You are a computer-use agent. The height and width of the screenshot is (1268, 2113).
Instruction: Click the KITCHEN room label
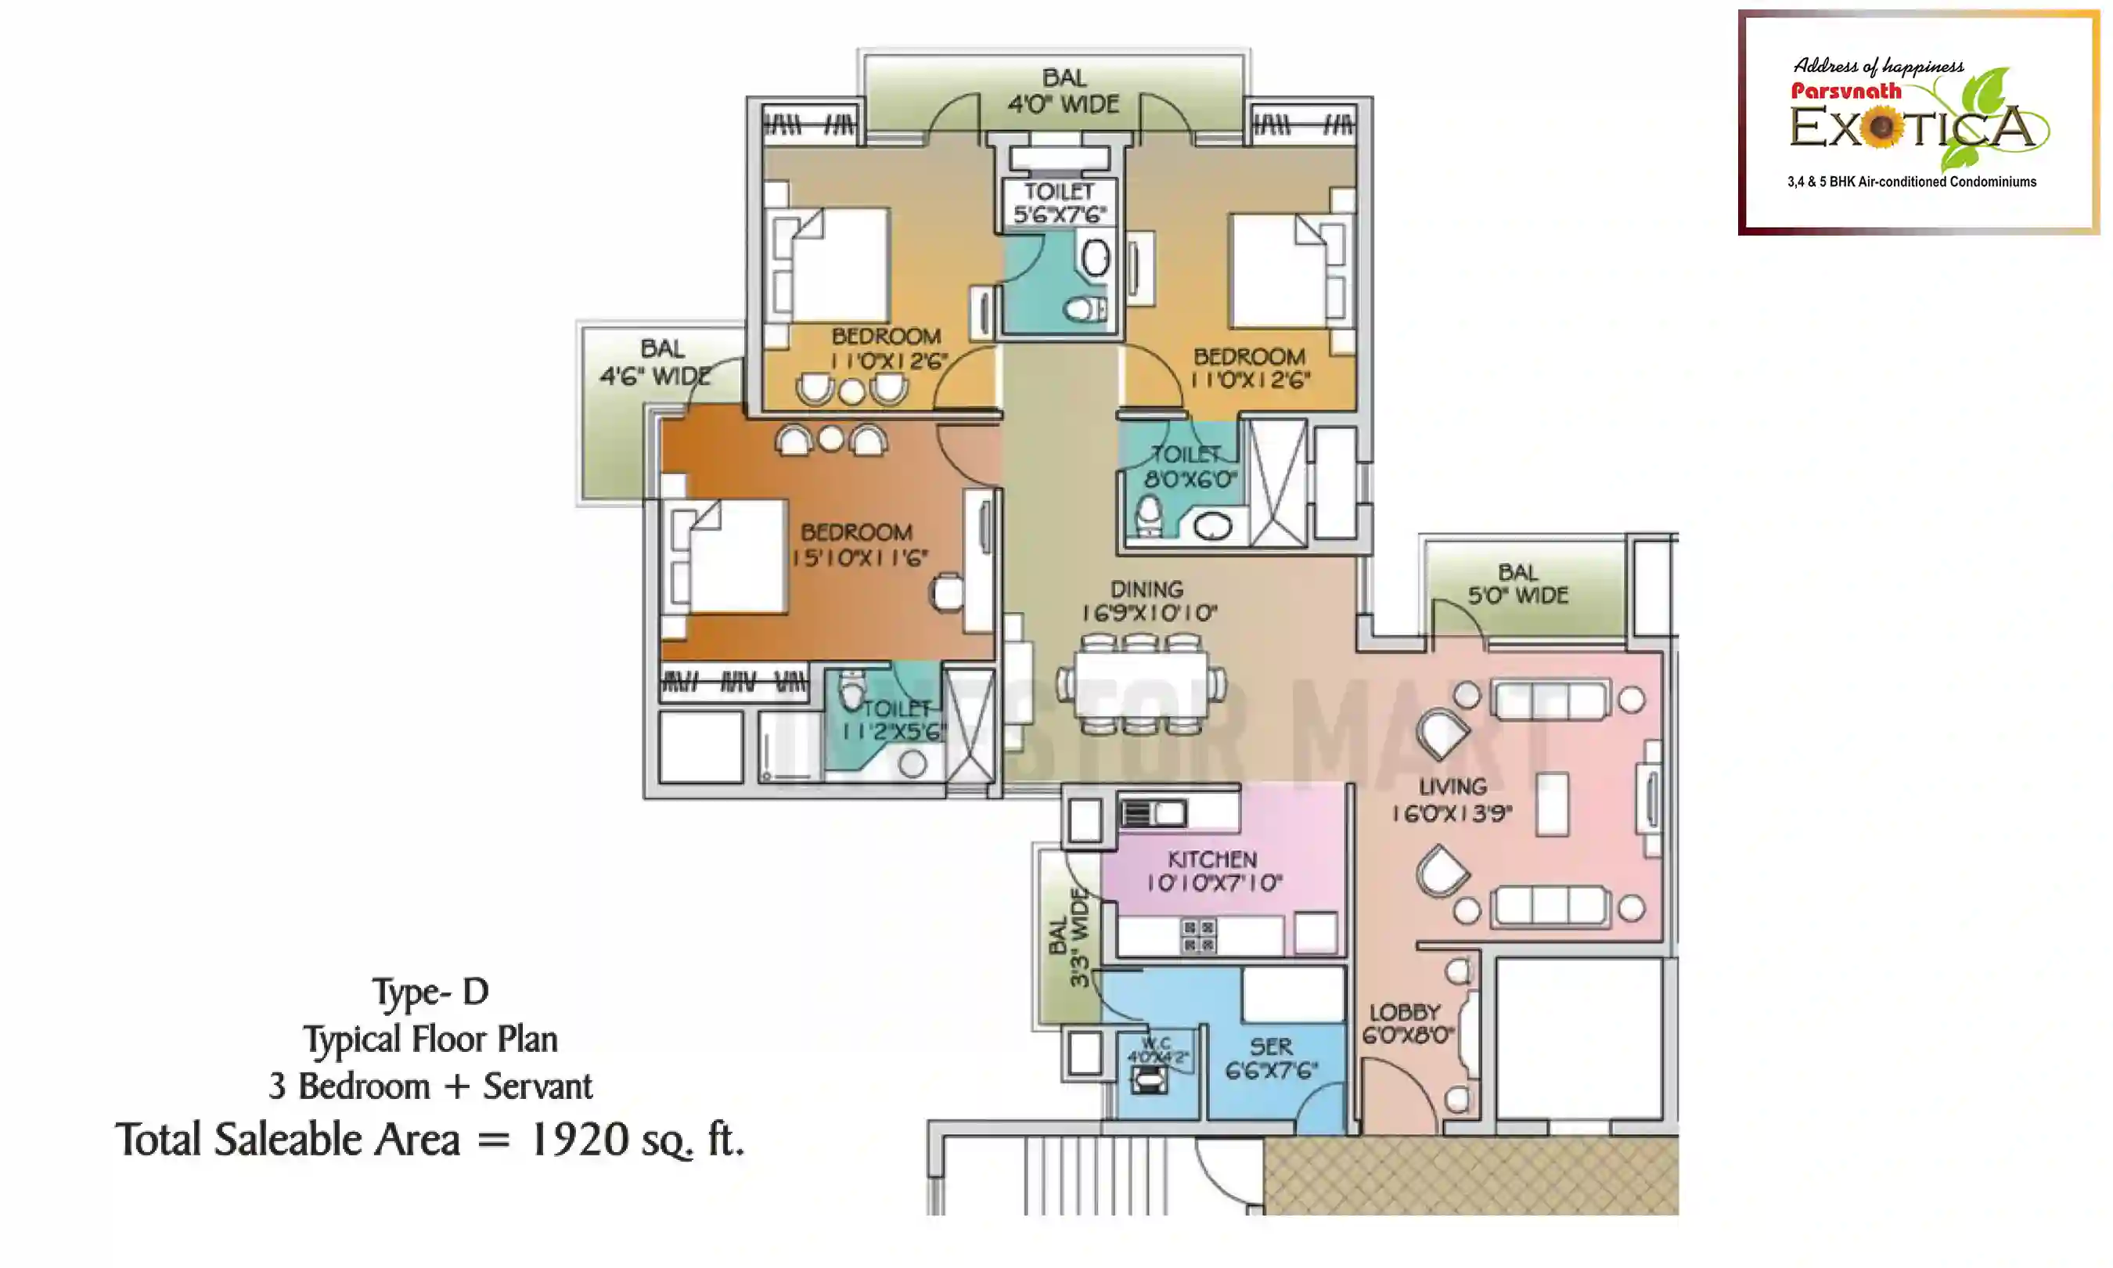click(1212, 859)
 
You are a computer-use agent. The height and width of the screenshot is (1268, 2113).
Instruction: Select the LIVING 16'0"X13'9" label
click(1452, 800)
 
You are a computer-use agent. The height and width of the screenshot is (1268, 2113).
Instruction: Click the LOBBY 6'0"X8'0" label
click(1406, 1024)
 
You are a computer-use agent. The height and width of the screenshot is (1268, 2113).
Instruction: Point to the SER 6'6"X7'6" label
click(1271, 1057)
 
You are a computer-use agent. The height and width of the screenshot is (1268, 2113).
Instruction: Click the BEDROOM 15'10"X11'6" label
click(857, 545)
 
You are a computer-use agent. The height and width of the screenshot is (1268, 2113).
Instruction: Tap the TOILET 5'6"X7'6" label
click(1059, 204)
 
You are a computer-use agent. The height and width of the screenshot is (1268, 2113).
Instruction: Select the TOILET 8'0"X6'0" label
click(1187, 466)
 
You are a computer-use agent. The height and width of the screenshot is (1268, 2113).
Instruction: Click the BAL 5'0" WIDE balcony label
click(1517, 584)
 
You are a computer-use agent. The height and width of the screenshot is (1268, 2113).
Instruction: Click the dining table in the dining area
click(1141, 684)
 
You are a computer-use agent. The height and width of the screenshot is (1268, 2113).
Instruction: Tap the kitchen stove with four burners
click(1198, 935)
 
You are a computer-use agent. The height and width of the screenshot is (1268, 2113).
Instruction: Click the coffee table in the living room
click(1552, 804)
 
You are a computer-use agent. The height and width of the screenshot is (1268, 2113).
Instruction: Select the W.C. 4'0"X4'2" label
click(1157, 1050)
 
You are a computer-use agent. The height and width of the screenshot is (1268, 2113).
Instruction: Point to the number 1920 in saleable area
click(580, 1139)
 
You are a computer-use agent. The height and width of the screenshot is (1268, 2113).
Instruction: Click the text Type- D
click(430, 992)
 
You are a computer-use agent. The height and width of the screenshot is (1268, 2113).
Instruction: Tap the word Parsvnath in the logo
click(1845, 91)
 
